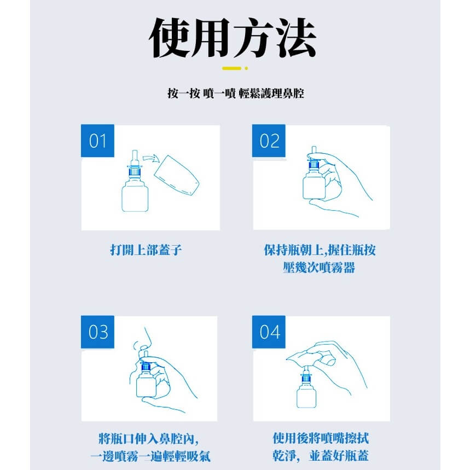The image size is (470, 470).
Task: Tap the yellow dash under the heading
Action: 232,68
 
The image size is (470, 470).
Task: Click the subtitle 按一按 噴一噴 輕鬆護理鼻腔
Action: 235,94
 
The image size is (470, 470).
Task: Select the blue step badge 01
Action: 97,141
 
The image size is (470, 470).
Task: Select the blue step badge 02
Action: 269,141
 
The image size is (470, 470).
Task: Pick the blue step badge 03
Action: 97,332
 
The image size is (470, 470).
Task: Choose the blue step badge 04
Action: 269,332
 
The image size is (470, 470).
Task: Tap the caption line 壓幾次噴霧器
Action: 319,269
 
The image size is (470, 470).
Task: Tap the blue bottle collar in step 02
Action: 315,165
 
